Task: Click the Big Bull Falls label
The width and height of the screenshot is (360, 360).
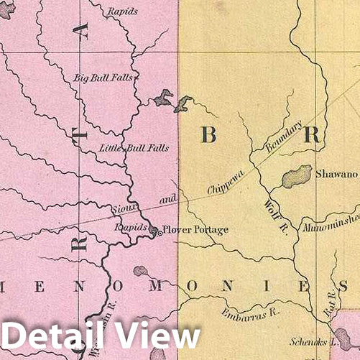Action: [103, 78]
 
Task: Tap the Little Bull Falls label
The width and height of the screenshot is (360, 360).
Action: [134, 149]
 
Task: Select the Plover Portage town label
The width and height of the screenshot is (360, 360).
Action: [195, 230]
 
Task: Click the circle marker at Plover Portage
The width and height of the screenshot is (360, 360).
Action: [153, 231]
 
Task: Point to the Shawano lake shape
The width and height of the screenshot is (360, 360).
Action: [295, 176]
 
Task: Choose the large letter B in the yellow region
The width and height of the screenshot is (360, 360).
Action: [208, 134]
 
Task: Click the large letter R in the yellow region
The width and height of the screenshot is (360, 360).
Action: [313, 134]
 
